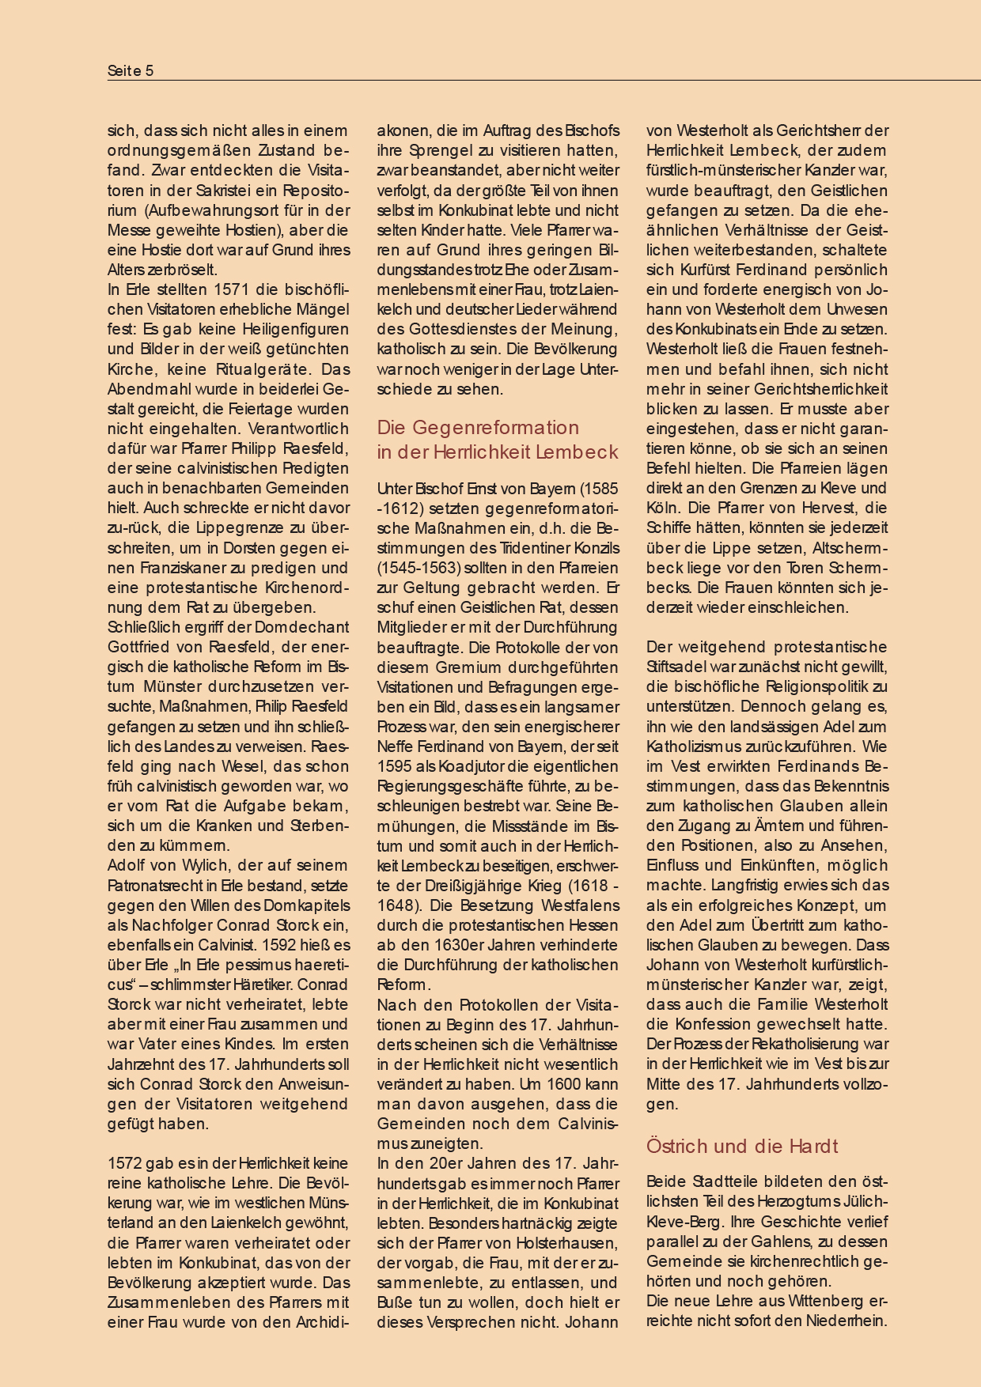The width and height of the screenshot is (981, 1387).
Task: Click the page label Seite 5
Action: [x=131, y=71]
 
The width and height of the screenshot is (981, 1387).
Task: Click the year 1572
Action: [x=126, y=1163]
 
